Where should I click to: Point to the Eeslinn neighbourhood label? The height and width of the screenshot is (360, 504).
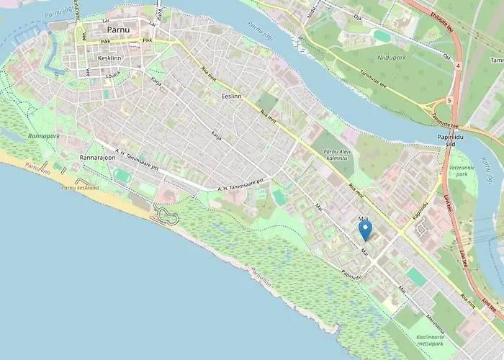[231, 96]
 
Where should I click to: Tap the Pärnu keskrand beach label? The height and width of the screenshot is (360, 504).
[80, 187]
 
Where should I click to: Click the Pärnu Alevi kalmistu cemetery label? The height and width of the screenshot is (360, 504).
[341, 154]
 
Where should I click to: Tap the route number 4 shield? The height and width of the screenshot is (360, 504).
[459, 66]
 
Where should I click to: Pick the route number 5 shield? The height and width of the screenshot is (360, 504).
[449, 101]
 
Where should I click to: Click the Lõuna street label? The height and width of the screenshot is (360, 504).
[113, 74]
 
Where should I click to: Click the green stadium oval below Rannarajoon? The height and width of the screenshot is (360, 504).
[122, 175]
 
